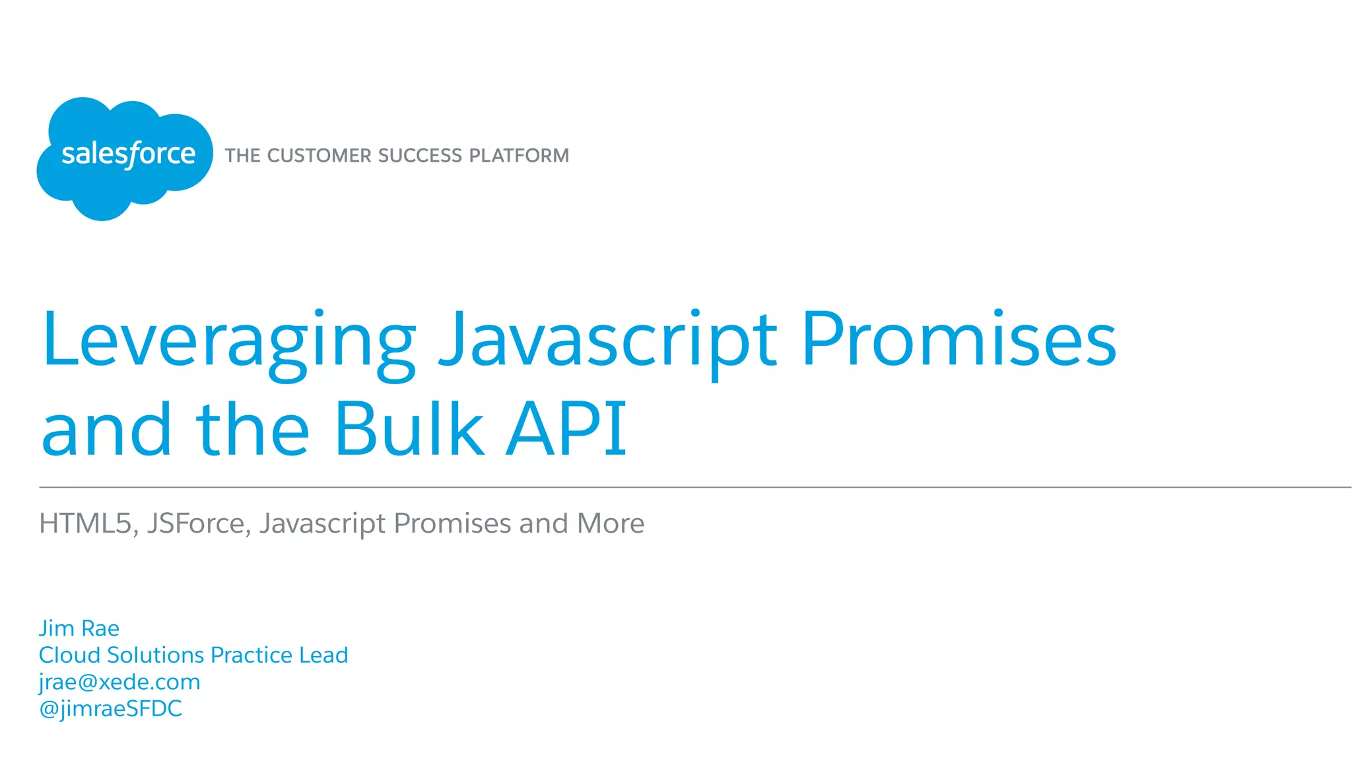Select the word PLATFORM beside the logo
pyautogui.click(x=519, y=156)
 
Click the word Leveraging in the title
pyautogui.click(x=228, y=341)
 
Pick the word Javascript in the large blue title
pyautogui.click(x=607, y=341)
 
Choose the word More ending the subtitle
pyautogui.click(x=610, y=523)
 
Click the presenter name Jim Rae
pyautogui.click(x=79, y=628)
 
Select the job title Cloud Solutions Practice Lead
pyautogui.click(x=193, y=655)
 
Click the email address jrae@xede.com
pyautogui.click(x=119, y=682)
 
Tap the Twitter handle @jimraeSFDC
pyautogui.click(x=111, y=709)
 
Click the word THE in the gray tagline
pyautogui.click(x=242, y=156)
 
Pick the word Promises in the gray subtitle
pyautogui.click(x=453, y=523)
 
